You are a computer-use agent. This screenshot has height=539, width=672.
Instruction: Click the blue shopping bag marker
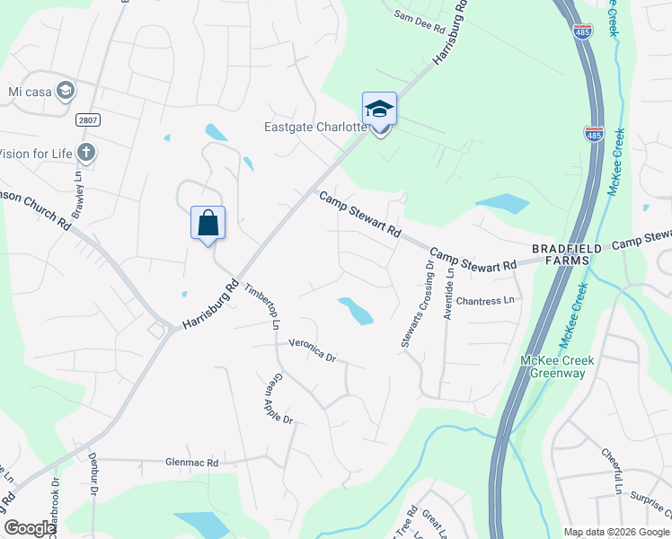tap(208, 223)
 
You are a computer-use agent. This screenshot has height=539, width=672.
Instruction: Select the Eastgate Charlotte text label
tap(315, 127)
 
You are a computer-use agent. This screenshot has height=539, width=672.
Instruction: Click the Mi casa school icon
tap(65, 90)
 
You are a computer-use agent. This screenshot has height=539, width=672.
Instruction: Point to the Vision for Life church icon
tap(86, 153)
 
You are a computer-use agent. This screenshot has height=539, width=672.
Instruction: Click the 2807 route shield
tap(86, 119)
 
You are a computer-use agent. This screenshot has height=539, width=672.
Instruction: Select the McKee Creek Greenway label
tap(558, 367)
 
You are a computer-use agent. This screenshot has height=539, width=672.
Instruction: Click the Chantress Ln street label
tap(489, 300)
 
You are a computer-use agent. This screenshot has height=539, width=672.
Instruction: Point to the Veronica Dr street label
tap(312, 349)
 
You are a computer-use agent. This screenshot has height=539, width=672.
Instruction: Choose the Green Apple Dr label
tap(278, 400)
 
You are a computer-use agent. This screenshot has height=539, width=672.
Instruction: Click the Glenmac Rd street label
tap(192, 463)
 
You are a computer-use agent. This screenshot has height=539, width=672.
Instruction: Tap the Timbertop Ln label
tap(262, 306)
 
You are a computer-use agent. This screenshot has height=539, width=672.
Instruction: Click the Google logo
tap(30, 528)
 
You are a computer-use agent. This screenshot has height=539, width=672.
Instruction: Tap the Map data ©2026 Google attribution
tap(616, 532)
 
